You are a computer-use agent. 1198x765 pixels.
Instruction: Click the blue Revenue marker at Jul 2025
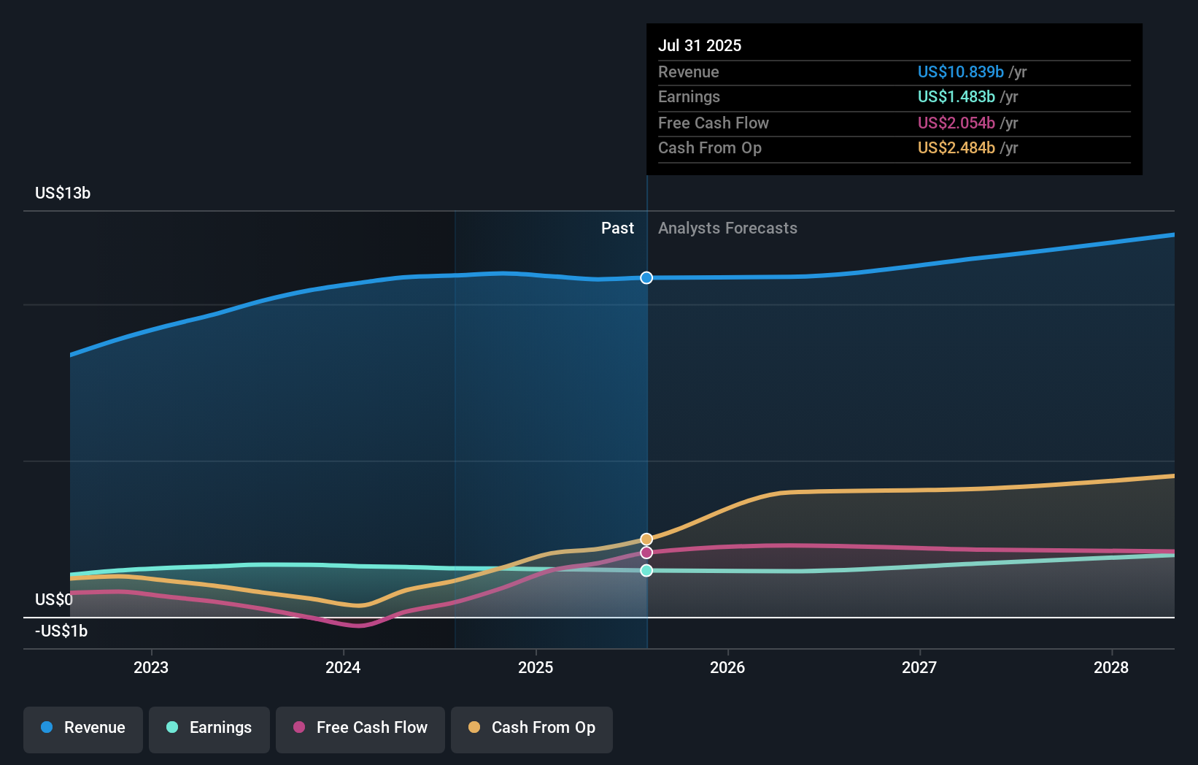coord(646,277)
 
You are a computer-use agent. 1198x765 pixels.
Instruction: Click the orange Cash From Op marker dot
coord(646,539)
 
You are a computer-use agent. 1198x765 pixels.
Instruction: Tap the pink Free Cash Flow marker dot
coord(646,553)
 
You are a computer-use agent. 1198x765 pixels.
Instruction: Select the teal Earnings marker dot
coord(646,571)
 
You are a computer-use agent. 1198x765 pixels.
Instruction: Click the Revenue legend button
coord(83,728)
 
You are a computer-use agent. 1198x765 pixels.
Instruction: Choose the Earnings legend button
coord(209,728)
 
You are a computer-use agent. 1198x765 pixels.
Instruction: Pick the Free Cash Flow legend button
coord(360,728)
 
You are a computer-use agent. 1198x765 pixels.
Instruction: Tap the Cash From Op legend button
coord(532,728)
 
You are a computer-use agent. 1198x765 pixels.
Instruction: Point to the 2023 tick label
coord(151,667)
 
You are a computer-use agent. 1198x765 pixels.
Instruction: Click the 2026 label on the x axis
coord(727,667)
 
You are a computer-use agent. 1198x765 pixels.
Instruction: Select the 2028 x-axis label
coord(1111,667)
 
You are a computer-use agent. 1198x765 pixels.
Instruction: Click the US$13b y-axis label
coord(63,193)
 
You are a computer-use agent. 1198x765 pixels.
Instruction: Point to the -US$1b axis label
coord(61,631)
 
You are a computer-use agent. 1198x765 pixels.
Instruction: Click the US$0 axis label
coord(54,599)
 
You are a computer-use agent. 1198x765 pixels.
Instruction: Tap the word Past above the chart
coord(617,228)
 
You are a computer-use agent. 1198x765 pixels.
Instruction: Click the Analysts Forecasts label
coord(727,228)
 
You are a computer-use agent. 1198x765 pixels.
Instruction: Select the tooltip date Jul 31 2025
coord(700,45)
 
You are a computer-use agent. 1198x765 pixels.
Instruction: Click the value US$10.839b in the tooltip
coord(960,72)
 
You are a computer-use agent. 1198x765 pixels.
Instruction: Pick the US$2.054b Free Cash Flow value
coord(956,123)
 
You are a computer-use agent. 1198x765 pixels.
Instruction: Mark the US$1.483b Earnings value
coord(956,96)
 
